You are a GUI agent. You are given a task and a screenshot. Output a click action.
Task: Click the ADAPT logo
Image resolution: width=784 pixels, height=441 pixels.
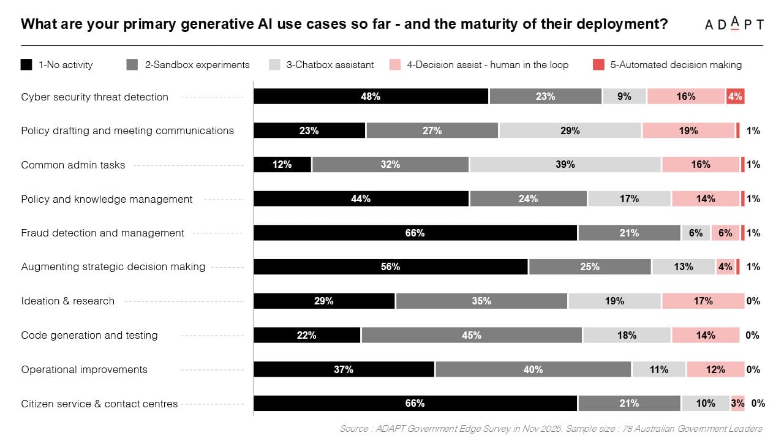tap(734, 24)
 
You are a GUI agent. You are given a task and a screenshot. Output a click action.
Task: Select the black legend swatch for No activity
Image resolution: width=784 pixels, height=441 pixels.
tap(26, 64)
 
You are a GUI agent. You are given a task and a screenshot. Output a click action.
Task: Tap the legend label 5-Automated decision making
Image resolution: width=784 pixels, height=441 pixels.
tap(676, 64)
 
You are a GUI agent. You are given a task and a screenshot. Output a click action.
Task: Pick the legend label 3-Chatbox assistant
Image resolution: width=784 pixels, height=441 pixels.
tap(330, 64)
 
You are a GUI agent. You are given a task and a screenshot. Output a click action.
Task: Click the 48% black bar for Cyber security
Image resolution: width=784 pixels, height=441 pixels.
tap(371, 96)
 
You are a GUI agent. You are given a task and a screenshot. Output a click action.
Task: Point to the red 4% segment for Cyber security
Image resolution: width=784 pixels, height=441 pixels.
tap(735, 96)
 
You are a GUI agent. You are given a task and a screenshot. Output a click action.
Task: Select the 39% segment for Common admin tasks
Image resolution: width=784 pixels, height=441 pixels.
tap(565, 165)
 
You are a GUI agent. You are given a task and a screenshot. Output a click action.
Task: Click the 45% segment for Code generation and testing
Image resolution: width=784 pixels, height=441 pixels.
tap(471, 335)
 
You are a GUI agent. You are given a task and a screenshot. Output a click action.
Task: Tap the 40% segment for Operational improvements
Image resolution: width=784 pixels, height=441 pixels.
tap(533, 369)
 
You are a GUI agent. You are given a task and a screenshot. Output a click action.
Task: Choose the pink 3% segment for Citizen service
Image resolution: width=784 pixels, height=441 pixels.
tap(737, 404)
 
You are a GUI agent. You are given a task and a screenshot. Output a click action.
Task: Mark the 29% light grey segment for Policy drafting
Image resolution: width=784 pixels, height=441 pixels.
tap(570, 130)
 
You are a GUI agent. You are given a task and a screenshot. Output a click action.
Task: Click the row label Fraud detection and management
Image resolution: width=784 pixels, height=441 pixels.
tap(102, 233)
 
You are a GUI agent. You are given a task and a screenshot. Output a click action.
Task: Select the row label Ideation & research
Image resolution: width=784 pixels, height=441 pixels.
tap(67, 301)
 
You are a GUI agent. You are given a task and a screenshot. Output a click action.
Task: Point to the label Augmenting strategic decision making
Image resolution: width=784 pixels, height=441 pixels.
tap(113, 267)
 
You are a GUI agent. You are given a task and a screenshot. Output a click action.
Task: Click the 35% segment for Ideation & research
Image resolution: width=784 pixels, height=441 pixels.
tap(481, 301)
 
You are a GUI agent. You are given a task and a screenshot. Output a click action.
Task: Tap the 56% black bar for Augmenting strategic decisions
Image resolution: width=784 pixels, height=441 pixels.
tap(390, 267)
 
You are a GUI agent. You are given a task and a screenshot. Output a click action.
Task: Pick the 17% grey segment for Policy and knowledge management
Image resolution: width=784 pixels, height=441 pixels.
tap(629, 198)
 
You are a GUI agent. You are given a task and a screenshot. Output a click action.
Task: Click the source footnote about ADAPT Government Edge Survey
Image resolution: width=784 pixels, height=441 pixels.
tap(551, 429)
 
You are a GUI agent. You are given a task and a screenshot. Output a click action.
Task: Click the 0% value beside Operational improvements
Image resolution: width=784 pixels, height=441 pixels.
tap(753, 369)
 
